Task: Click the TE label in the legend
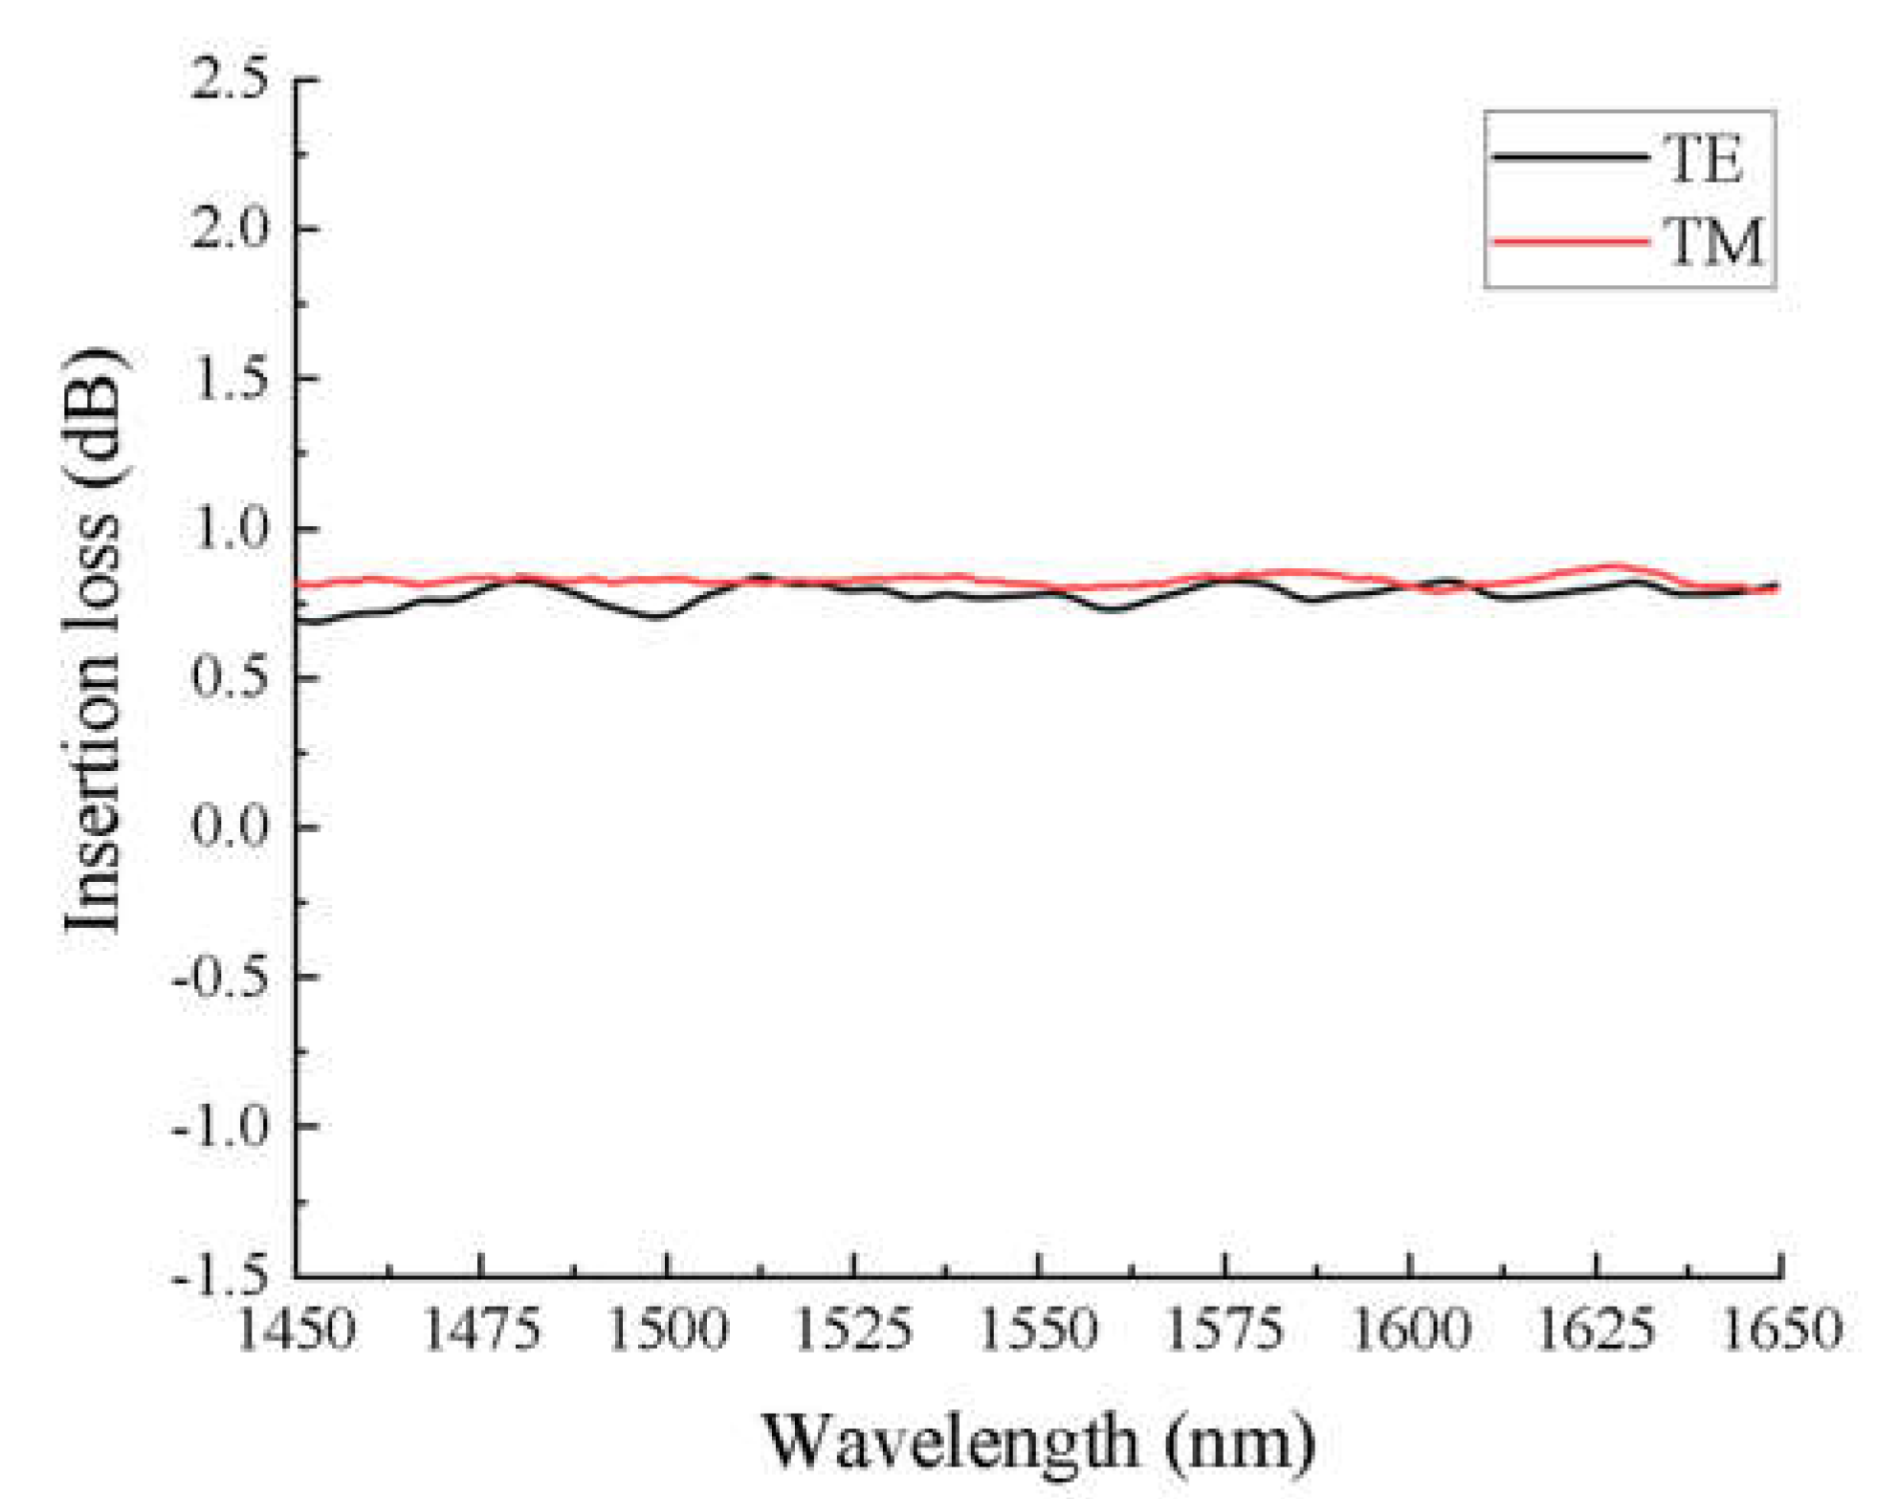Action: (x=1704, y=159)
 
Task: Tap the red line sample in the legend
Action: (x=1570, y=242)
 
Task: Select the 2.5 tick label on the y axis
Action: (x=230, y=78)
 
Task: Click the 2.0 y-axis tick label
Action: (x=230, y=229)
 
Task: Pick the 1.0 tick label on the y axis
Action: (x=230, y=528)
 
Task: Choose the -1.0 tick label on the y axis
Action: (x=220, y=1126)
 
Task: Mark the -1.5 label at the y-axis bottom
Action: (x=220, y=1275)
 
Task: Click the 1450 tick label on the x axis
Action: (x=296, y=1331)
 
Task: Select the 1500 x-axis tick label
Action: (x=668, y=1331)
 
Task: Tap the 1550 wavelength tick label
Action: (x=1039, y=1331)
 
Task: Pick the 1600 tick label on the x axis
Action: (x=1410, y=1331)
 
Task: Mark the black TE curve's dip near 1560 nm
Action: (x=1112, y=608)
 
